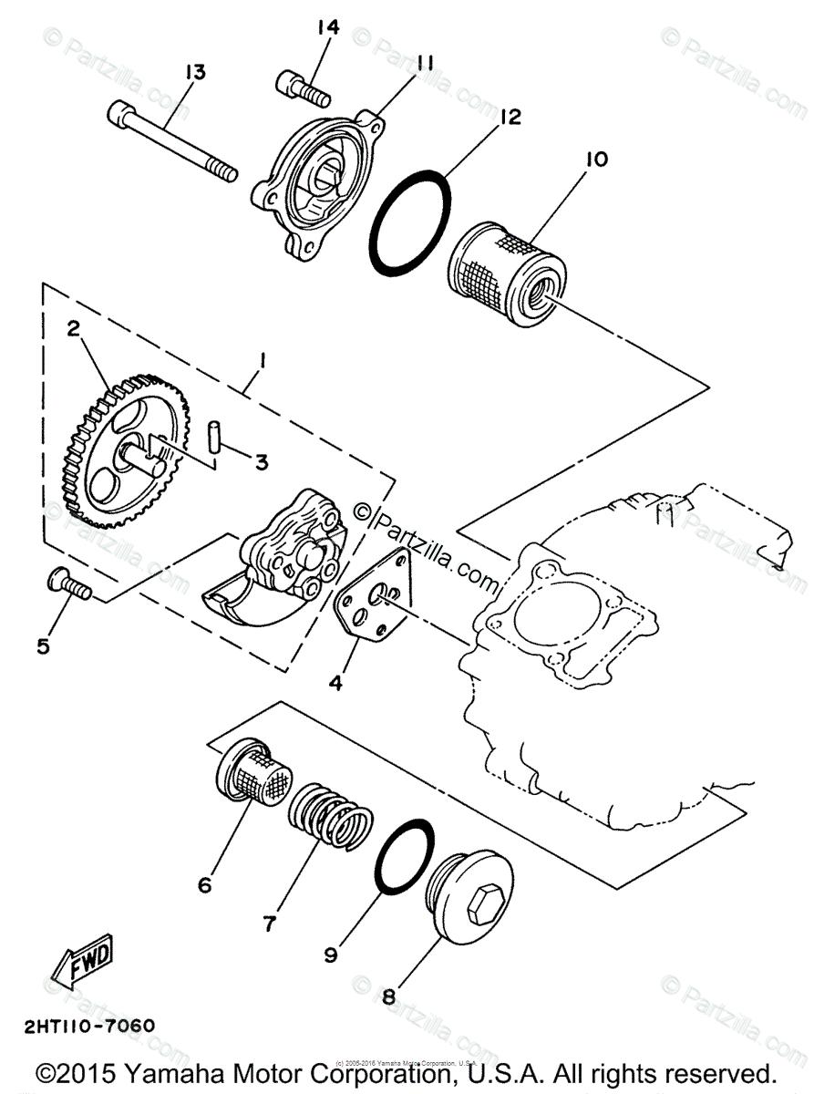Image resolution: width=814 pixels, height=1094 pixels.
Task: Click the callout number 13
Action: pyautogui.click(x=196, y=71)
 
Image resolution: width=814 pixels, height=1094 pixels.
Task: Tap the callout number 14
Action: pyautogui.click(x=327, y=27)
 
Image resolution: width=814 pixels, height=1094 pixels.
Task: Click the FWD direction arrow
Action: pyautogui.click(x=82, y=961)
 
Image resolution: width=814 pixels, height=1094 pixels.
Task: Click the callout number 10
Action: pyautogui.click(x=595, y=160)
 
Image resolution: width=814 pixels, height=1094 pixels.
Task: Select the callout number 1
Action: pyautogui.click(x=262, y=362)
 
